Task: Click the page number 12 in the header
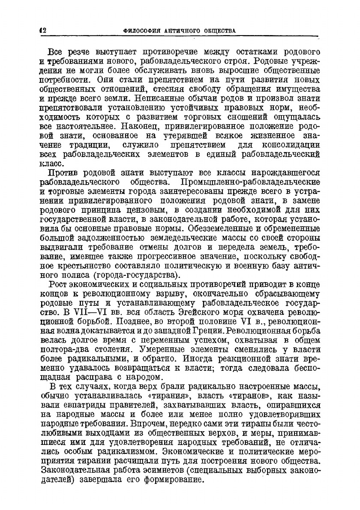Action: tap(43, 30)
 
